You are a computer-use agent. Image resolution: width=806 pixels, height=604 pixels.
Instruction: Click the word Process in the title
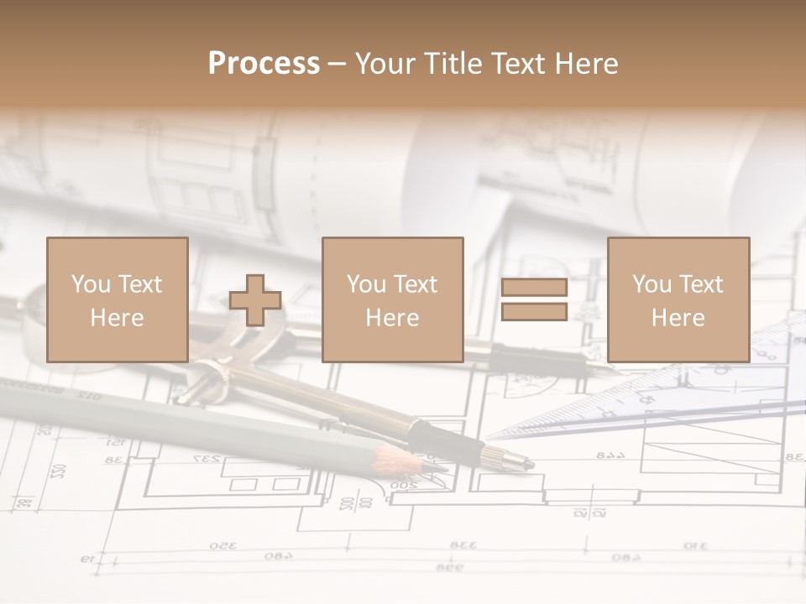264,64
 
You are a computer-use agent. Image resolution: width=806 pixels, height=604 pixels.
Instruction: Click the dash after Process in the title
337,65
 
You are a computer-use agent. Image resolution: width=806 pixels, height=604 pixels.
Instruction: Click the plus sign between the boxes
255,300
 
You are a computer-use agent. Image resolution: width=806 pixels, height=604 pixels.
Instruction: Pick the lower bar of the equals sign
534,312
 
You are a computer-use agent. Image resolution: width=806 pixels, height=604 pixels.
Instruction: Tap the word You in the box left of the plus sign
91,284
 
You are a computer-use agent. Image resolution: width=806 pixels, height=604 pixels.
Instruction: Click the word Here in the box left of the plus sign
117,318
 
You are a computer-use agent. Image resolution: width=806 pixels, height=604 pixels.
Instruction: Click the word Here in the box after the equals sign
678,318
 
